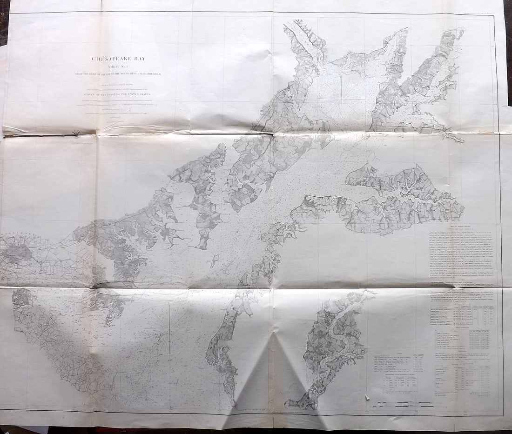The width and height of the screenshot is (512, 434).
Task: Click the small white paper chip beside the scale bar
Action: [x=368, y=398]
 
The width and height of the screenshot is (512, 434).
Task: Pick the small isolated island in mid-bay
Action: [x=214, y=261]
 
